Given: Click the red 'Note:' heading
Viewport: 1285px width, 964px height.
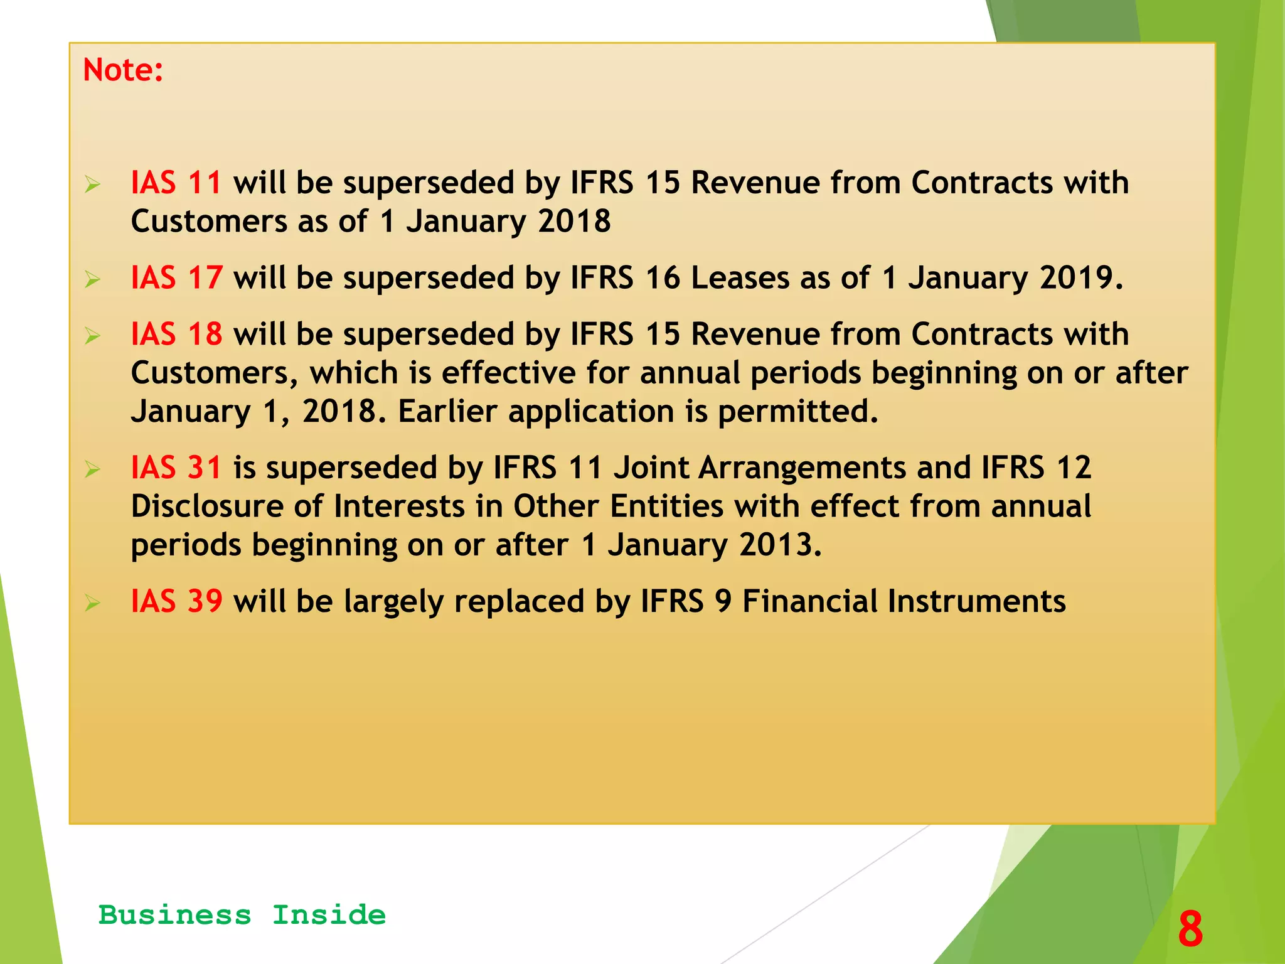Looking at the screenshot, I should (x=123, y=70).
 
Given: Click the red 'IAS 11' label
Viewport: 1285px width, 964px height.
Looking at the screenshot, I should (x=176, y=183).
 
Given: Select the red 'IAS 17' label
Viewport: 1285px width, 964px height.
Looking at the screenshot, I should (x=176, y=277).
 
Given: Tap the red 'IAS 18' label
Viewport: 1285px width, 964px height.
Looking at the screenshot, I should (x=176, y=334).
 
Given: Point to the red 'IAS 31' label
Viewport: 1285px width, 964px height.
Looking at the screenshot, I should (x=176, y=468).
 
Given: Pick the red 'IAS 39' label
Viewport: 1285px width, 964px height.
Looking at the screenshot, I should (x=176, y=601).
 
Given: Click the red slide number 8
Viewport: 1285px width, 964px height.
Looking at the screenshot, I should (x=1190, y=929).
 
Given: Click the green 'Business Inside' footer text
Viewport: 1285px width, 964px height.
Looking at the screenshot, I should (x=242, y=915).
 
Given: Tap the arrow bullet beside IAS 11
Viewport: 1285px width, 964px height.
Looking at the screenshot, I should (x=93, y=185).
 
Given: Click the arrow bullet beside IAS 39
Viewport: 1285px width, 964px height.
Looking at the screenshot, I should (x=93, y=603).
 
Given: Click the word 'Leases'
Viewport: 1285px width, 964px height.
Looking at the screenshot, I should (x=740, y=277).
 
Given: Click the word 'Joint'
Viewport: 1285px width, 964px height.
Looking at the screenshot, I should (x=650, y=468).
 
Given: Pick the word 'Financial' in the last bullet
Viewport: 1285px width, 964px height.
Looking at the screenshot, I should (x=809, y=601).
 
